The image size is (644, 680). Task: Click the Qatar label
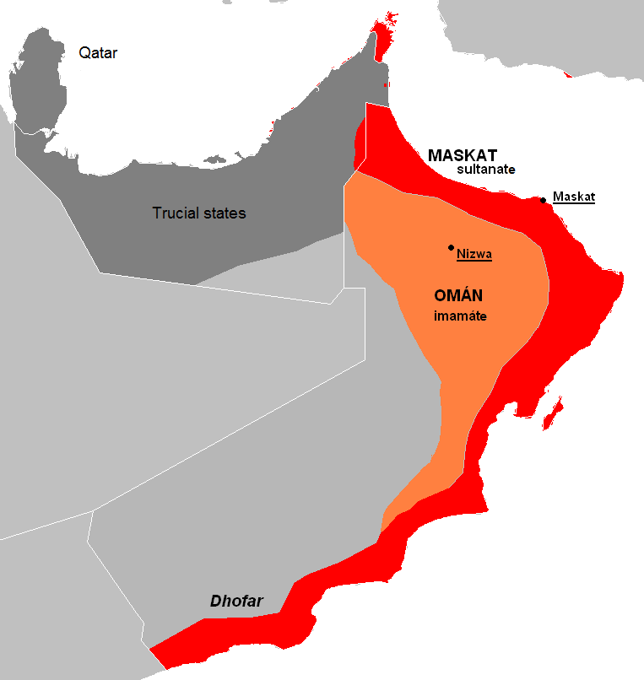click(x=98, y=53)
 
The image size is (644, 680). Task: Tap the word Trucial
click(x=175, y=213)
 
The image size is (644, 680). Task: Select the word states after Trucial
click(x=224, y=213)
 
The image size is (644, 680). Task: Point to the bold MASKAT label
click(x=462, y=155)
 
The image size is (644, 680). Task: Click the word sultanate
click(x=485, y=170)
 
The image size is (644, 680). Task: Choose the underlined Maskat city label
click(x=574, y=197)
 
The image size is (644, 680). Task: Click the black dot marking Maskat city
click(x=543, y=200)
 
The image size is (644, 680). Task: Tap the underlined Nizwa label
click(x=474, y=253)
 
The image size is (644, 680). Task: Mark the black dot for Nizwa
click(x=451, y=247)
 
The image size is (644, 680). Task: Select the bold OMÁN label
click(x=458, y=297)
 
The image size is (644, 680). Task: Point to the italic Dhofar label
click(x=236, y=602)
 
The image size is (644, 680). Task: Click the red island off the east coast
click(x=553, y=413)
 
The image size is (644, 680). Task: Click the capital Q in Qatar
click(x=84, y=53)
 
